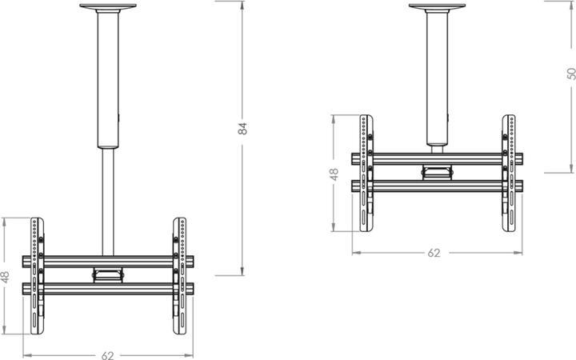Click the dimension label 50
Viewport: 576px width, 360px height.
[571, 73]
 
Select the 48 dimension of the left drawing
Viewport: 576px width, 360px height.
[6, 276]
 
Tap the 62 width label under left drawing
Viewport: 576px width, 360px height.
[108, 354]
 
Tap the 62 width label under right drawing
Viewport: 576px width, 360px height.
[434, 252]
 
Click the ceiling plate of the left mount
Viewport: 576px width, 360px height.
[108, 8]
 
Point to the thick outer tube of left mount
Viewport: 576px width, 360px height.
[108, 80]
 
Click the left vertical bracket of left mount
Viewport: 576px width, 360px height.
[36, 276]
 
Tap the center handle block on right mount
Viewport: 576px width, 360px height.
[436, 170]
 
